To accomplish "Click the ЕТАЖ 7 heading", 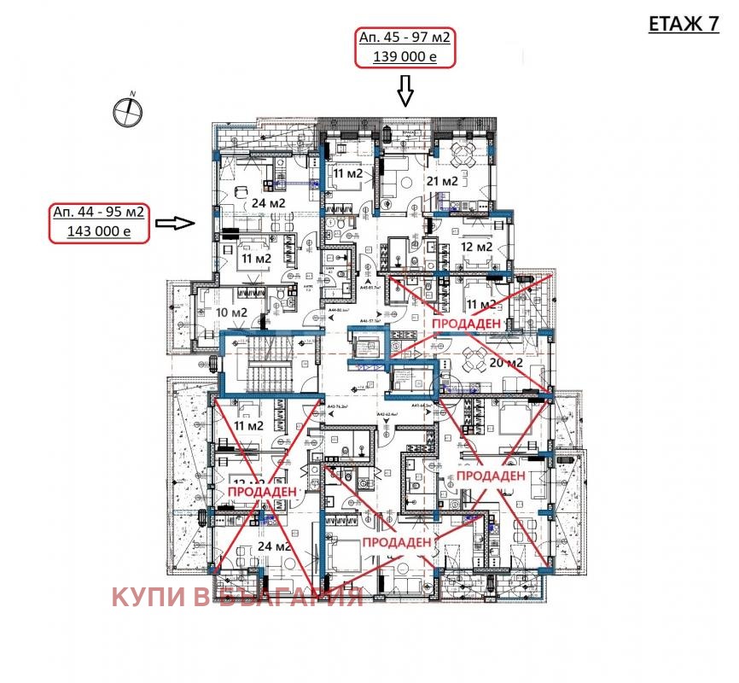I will [684, 24].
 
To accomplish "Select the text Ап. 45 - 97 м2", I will [406, 38].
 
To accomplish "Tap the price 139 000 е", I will [404, 57].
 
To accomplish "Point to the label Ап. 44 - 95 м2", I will [98, 212].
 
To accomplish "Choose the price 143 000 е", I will [98, 231].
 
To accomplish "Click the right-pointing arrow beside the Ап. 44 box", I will [177, 223].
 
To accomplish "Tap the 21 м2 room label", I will [442, 181].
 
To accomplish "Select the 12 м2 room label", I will [477, 247].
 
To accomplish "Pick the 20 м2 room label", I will [505, 362].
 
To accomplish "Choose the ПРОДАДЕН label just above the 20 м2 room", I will [467, 325].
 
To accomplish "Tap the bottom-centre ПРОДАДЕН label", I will [399, 542].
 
